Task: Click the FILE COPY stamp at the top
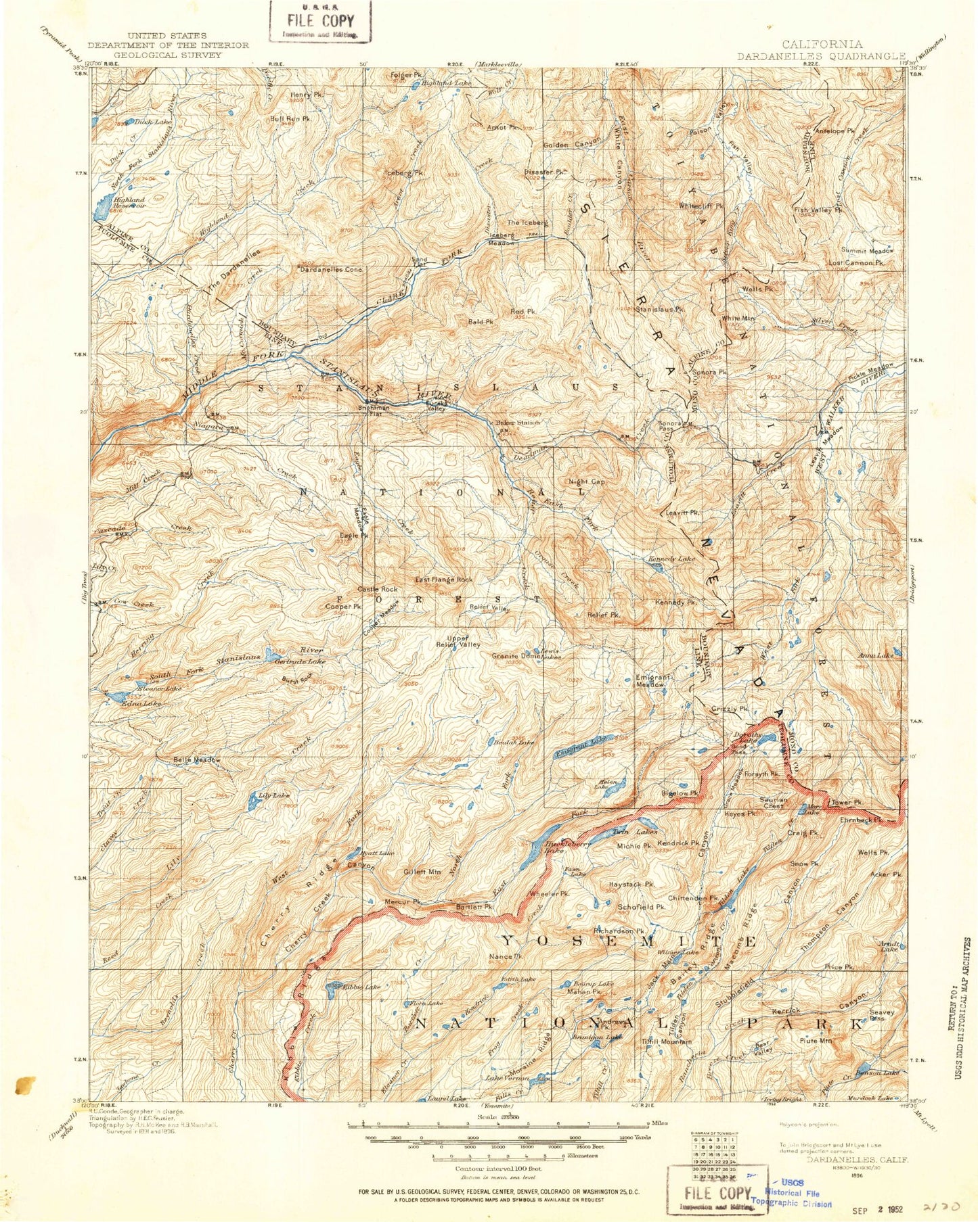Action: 321,21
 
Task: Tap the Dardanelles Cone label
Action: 331,269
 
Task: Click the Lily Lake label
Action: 274,795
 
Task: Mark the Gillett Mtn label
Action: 421,871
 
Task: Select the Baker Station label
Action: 518,423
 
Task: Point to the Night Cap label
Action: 586,481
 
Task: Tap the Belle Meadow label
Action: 197,759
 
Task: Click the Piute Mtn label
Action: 815,1041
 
